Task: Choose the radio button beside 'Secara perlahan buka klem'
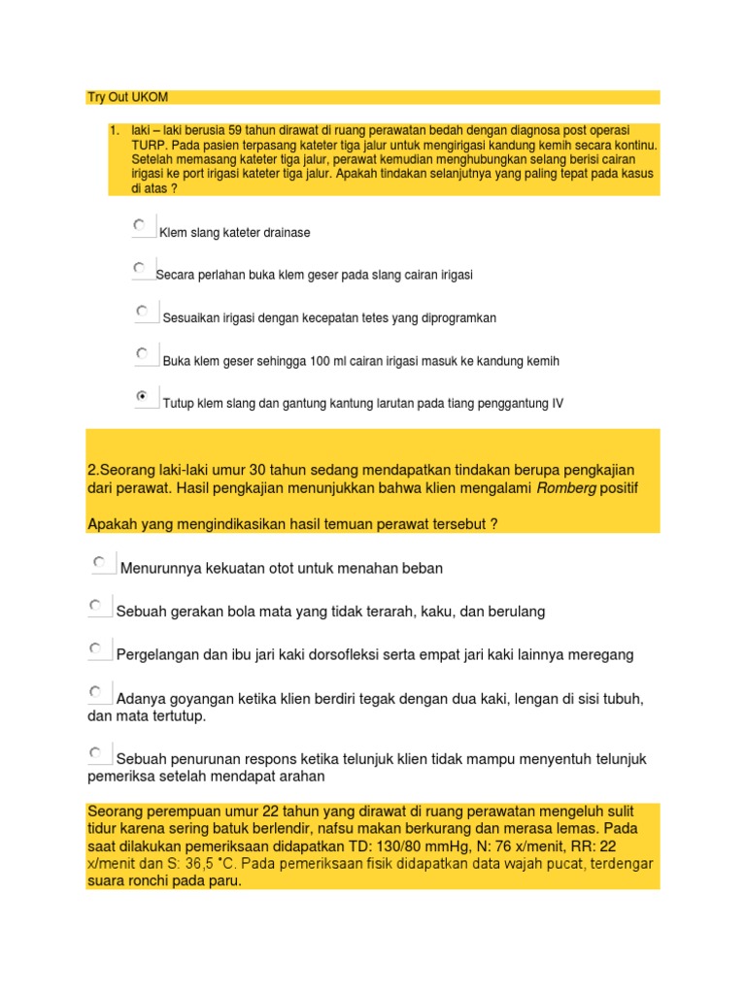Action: click(140, 267)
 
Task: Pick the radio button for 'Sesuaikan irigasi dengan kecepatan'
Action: click(143, 311)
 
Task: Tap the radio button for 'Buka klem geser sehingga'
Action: click(143, 353)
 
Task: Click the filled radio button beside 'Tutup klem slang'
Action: click(143, 396)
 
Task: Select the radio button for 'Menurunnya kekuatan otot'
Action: click(99, 561)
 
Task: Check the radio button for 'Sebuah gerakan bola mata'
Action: click(96, 605)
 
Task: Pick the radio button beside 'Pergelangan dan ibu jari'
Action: click(96, 647)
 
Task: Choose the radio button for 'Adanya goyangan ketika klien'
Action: click(96, 691)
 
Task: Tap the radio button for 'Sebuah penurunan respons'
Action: click(96, 751)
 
